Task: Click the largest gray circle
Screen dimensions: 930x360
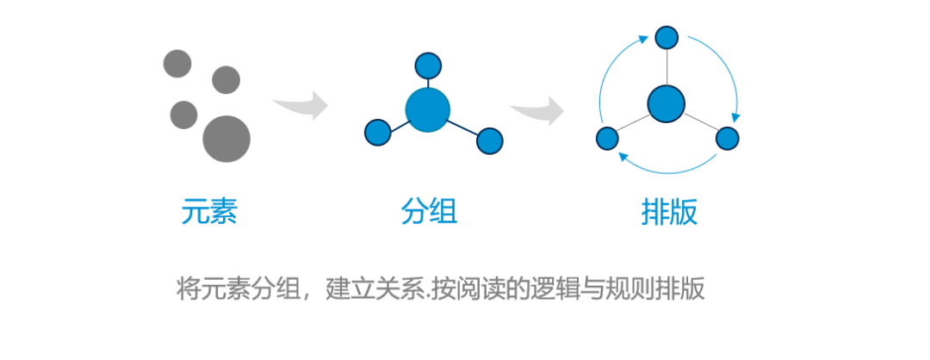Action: point(226,139)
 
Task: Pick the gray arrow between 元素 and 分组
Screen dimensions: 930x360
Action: point(301,105)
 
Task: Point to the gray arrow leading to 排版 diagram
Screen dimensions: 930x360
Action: point(536,110)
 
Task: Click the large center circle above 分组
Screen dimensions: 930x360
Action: point(428,109)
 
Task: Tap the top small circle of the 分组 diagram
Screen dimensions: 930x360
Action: point(428,65)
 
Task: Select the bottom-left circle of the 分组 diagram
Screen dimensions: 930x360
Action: point(378,133)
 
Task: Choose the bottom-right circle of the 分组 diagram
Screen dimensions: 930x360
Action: point(490,141)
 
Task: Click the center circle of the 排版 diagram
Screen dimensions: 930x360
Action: point(666,103)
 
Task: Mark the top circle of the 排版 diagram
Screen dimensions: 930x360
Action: point(666,37)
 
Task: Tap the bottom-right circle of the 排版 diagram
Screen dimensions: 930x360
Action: point(727,138)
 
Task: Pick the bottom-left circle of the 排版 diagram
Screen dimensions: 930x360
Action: point(607,138)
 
